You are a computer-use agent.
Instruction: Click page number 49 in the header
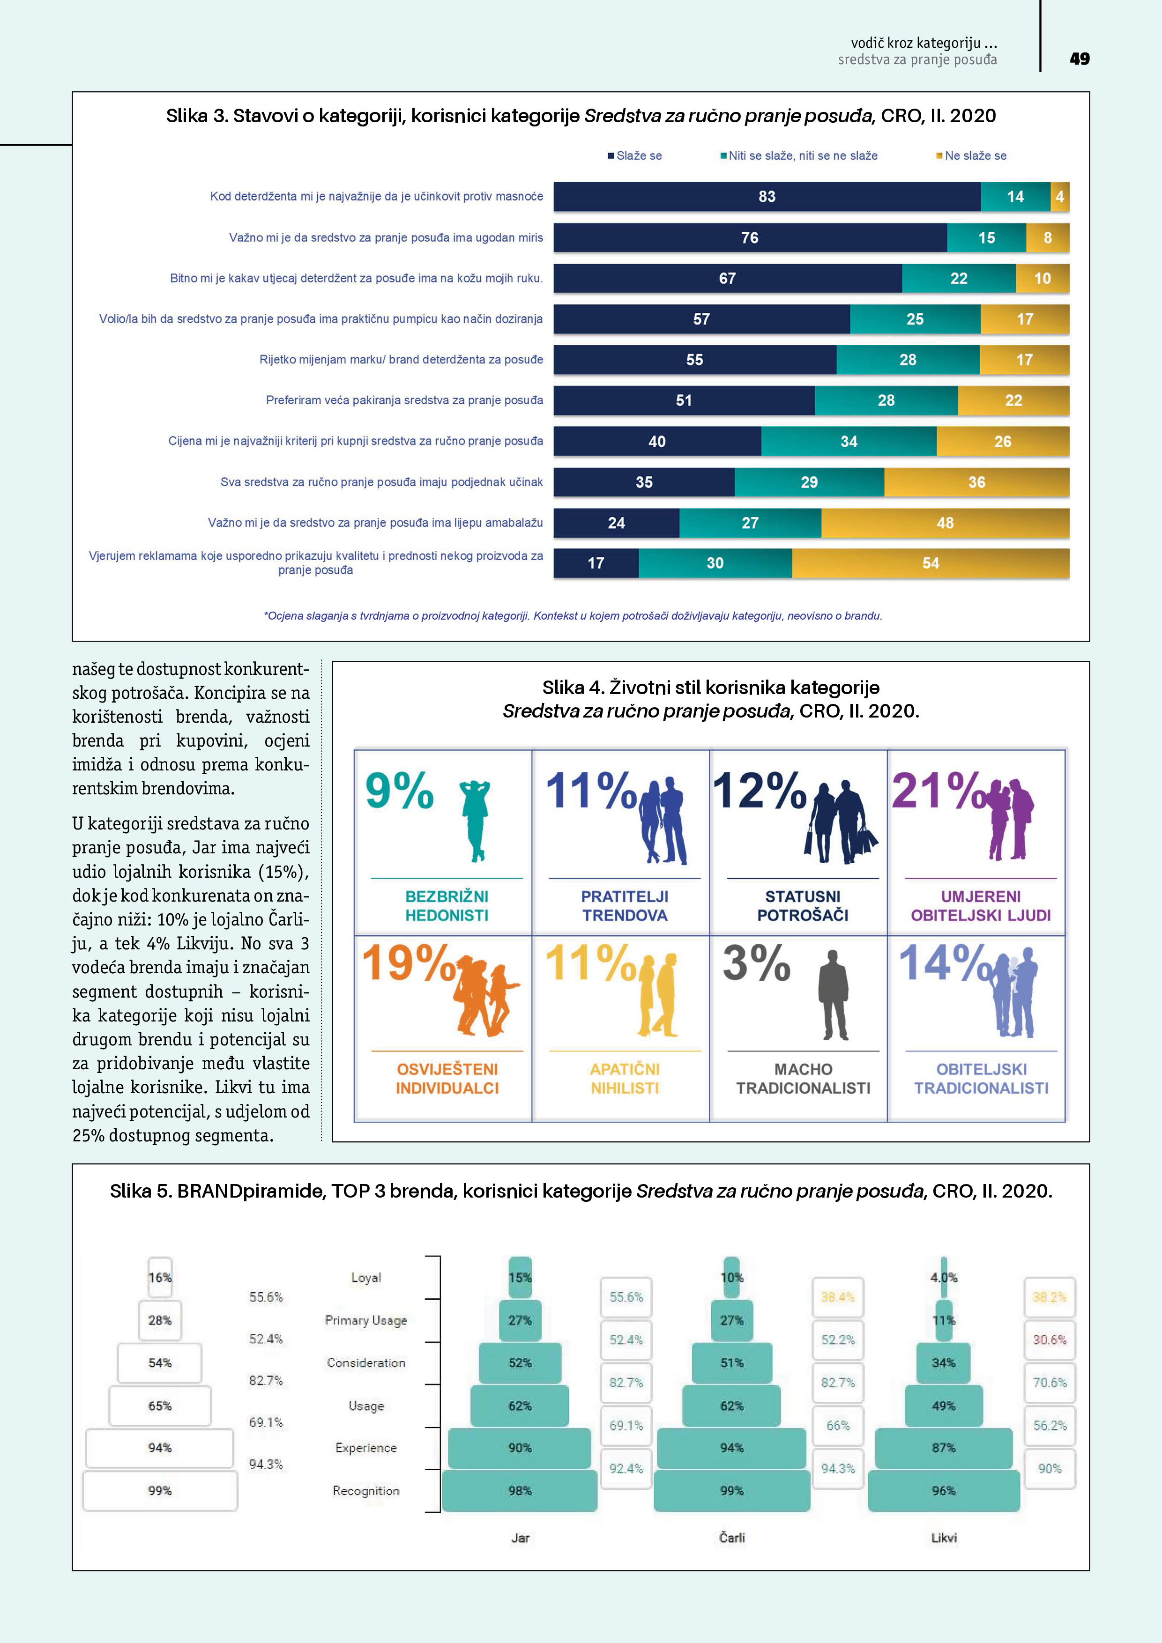click(1079, 59)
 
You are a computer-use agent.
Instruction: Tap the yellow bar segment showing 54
click(930, 563)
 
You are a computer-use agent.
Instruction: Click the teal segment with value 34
click(849, 442)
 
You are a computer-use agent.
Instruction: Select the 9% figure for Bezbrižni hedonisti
click(399, 791)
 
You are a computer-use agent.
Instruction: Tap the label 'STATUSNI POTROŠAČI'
click(803, 905)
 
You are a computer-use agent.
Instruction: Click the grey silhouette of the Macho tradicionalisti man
click(834, 995)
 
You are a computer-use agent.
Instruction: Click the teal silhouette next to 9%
click(475, 820)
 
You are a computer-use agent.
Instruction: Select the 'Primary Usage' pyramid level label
click(366, 1320)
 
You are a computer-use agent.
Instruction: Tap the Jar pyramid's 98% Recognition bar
click(520, 1491)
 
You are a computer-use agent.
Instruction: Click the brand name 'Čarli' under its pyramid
click(732, 1538)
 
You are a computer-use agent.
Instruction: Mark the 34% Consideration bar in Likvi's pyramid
click(944, 1363)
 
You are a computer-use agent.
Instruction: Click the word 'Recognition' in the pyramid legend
click(366, 1491)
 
